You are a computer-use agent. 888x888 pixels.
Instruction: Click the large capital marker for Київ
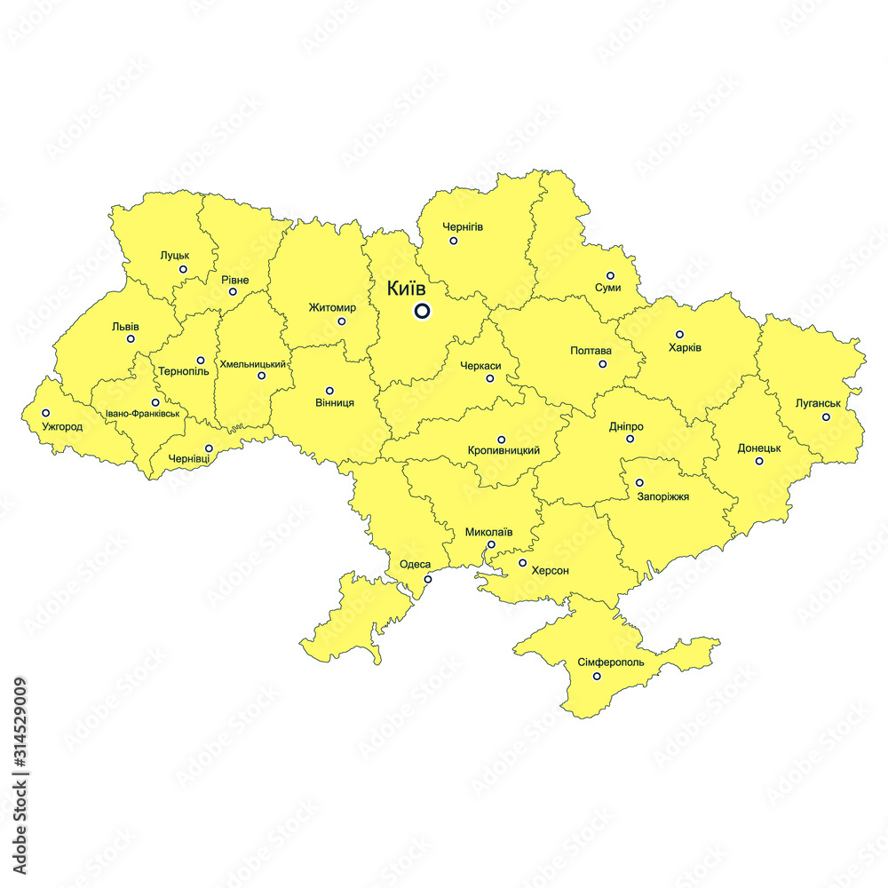tap(422, 311)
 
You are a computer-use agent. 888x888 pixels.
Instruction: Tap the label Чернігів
tap(464, 226)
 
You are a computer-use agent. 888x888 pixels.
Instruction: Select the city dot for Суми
tap(610, 275)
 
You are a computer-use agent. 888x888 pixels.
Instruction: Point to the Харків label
tap(685, 347)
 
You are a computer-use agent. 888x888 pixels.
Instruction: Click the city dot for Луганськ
tap(826, 416)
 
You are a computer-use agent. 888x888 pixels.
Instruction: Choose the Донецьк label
tap(759, 448)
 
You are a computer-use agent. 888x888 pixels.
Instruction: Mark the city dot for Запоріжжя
tap(639, 483)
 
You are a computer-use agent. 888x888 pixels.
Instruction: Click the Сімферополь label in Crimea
tap(611, 662)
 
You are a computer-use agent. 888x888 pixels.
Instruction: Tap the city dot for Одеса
tap(427, 579)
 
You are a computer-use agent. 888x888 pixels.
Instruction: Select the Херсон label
tap(550, 570)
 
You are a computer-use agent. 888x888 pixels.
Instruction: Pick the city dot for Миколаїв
tap(491, 544)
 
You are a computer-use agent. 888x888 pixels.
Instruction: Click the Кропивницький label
tap(503, 451)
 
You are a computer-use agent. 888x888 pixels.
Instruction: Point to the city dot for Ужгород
tap(46, 413)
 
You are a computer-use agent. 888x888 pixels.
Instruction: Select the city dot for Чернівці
tap(209, 448)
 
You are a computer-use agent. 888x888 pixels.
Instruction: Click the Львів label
tap(125, 326)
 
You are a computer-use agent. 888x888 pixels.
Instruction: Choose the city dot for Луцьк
tap(183, 269)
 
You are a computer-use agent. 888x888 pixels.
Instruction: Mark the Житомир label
tap(332, 308)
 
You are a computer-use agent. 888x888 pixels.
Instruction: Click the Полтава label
tap(591, 351)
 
